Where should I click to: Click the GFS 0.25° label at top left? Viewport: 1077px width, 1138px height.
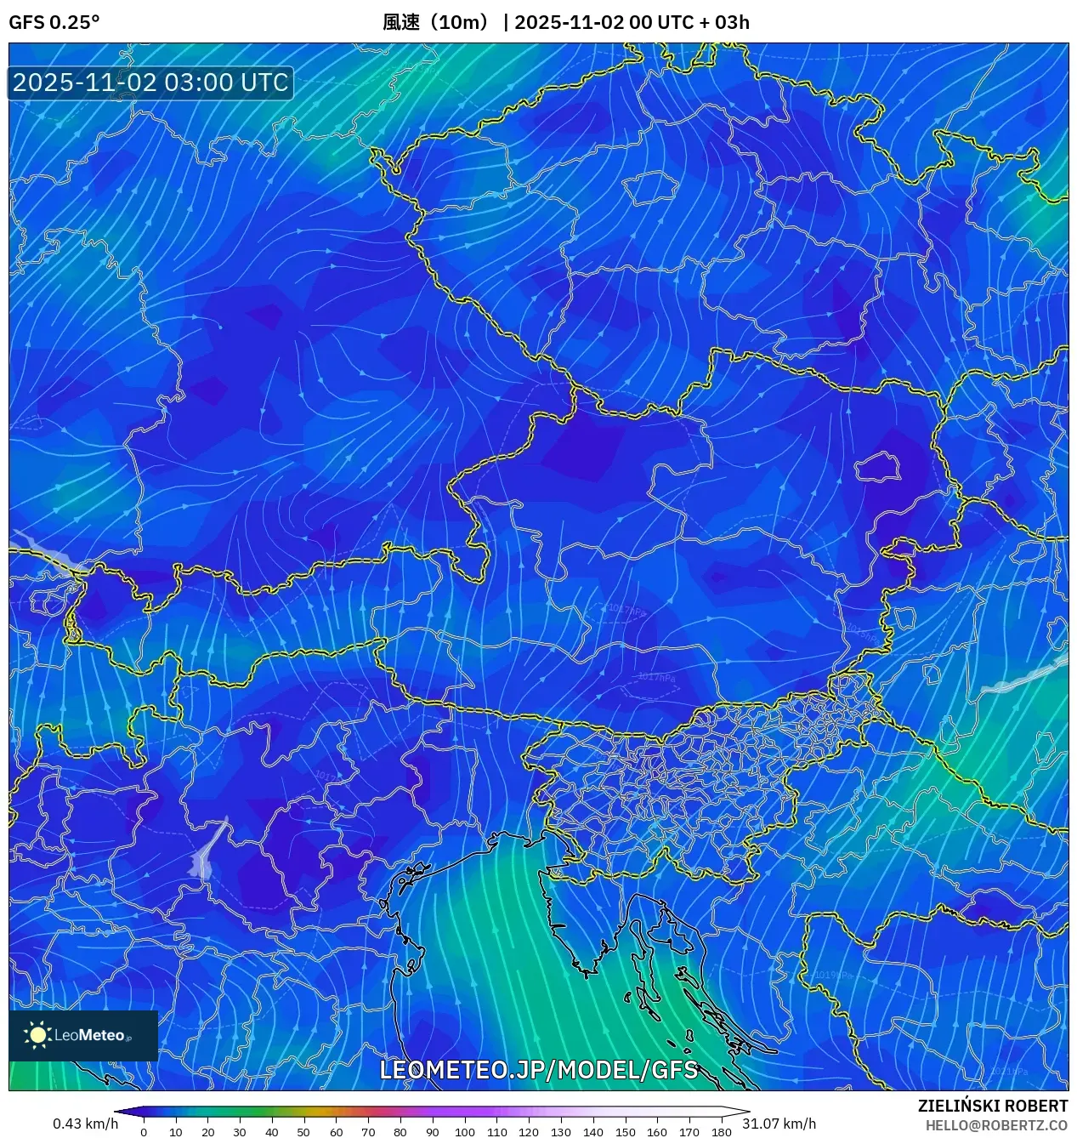pyautogui.click(x=54, y=22)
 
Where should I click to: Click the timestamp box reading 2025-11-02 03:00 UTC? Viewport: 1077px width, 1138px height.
pyautogui.click(x=150, y=83)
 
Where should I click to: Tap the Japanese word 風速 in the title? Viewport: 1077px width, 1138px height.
pyautogui.click(x=401, y=22)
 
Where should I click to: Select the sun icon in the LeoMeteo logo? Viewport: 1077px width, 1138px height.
pyautogui.click(x=37, y=1034)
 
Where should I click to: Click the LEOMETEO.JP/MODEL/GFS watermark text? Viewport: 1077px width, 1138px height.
pyautogui.click(x=538, y=1069)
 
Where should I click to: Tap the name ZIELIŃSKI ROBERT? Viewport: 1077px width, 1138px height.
pyautogui.click(x=992, y=1106)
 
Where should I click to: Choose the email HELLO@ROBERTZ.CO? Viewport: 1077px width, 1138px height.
pyautogui.click(x=996, y=1125)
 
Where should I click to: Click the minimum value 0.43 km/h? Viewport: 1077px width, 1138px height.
pyautogui.click(x=85, y=1124)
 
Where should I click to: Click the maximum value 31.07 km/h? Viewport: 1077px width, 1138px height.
pyautogui.click(x=779, y=1124)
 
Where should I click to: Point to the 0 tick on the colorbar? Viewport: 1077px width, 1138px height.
pyautogui.click(x=144, y=1132)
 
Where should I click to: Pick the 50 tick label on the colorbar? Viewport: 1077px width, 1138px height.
pyautogui.click(x=303, y=1132)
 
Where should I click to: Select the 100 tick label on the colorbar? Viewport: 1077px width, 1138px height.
pyautogui.click(x=464, y=1132)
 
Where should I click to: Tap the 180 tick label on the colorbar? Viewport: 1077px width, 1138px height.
pyautogui.click(x=721, y=1132)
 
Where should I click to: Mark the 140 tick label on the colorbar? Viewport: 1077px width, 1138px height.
pyautogui.click(x=592, y=1132)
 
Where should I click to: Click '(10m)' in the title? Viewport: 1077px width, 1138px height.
pyautogui.click(x=459, y=22)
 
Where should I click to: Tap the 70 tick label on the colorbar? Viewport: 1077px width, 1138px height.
pyautogui.click(x=368, y=1132)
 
